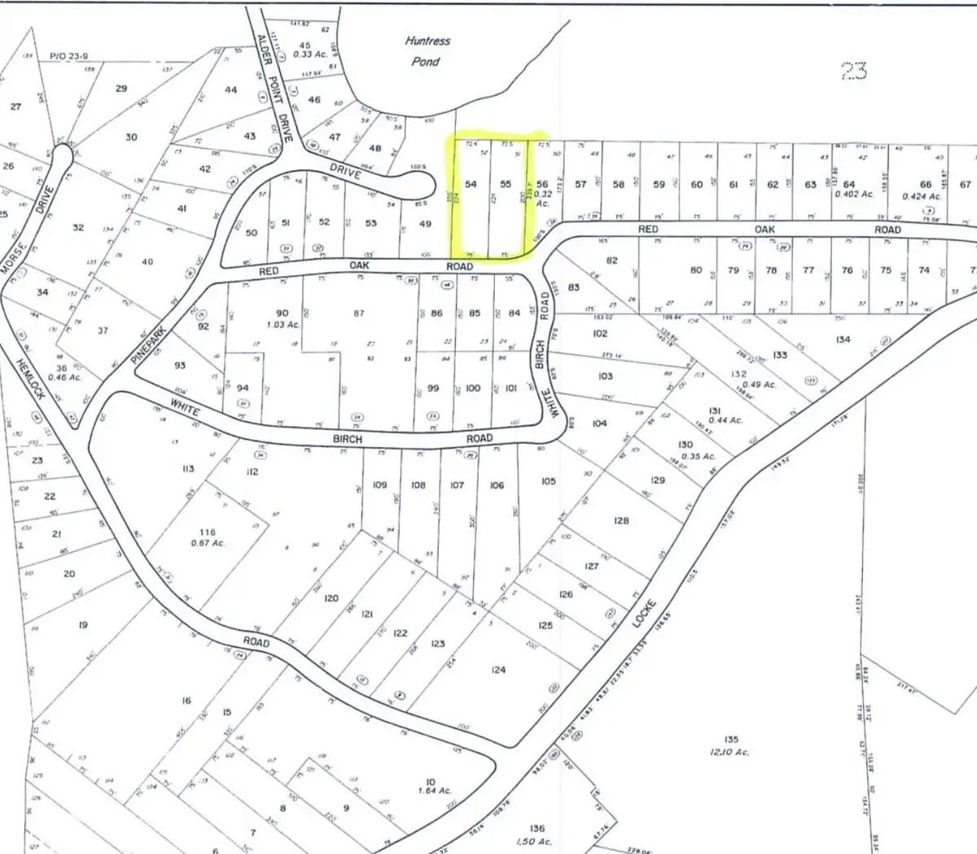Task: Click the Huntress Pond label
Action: (x=427, y=50)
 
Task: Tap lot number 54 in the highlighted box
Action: (x=471, y=185)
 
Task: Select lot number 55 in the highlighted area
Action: (x=506, y=185)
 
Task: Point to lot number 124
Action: (x=499, y=670)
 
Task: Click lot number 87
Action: (x=358, y=313)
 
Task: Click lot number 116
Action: (x=208, y=532)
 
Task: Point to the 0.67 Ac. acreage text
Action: (x=208, y=543)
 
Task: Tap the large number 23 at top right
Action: (x=852, y=72)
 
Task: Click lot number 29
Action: (x=121, y=88)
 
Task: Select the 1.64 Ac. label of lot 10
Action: (x=435, y=790)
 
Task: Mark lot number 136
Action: (x=537, y=830)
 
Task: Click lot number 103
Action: (x=605, y=376)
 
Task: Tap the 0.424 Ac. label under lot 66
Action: (x=921, y=196)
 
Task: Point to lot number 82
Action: (x=612, y=261)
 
